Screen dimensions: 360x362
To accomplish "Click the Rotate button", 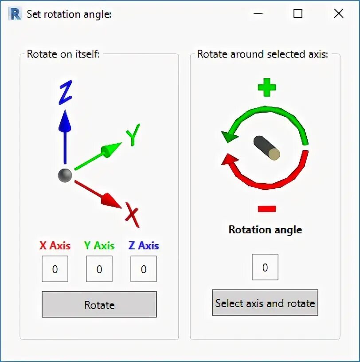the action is tap(99, 304).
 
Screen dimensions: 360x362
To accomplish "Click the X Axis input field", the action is tap(55, 269).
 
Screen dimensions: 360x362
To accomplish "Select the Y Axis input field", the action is tap(99, 269).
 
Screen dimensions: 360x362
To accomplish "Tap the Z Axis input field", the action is tap(144, 269).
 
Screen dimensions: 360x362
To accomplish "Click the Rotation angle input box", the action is tap(265, 267).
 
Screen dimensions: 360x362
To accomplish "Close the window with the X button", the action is tap(339, 14).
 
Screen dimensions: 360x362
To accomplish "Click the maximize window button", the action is tap(298, 14).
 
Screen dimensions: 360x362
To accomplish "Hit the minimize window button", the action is tap(258, 14).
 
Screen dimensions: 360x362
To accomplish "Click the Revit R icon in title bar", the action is tap(15, 14).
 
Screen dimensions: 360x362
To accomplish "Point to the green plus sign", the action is tap(266, 87).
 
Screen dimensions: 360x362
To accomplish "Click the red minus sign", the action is tap(266, 209).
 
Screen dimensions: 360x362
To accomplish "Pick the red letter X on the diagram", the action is tap(132, 215).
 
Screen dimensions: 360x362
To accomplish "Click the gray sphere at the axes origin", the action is tap(65, 175).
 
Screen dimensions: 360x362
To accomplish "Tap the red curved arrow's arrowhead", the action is tap(229, 160).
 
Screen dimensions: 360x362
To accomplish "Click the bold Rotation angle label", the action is tap(265, 230).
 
